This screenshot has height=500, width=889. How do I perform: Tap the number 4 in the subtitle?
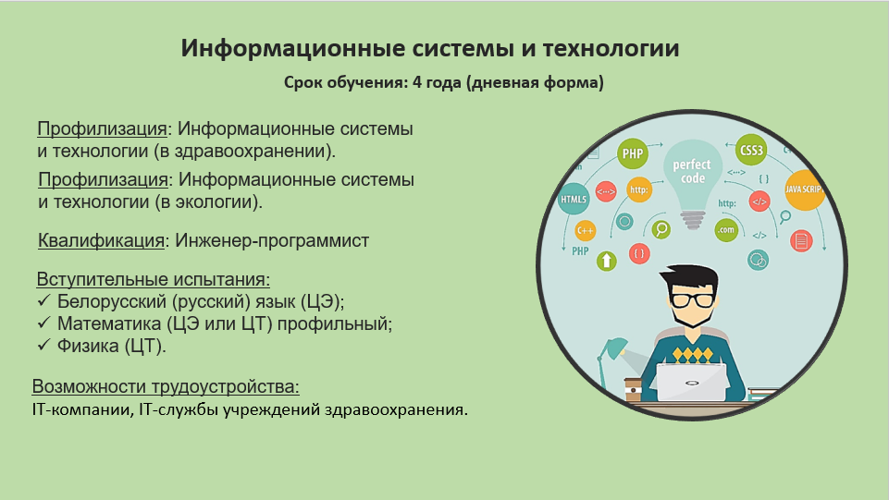pyautogui.click(x=417, y=82)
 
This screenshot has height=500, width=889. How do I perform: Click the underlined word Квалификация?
pyautogui.click(x=101, y=240)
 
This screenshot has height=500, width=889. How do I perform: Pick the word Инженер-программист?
pyautogui.click(x=272, y=240)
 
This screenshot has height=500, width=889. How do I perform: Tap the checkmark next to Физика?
pyautogui.click(x=43, y=345)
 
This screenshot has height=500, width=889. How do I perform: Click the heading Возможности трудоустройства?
pyautogui.click(x=166, y=386)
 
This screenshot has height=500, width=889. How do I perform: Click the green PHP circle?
pyautogui.click(x=632, y=153)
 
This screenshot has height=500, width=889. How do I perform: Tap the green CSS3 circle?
pyautogui.click(x=751, y=150)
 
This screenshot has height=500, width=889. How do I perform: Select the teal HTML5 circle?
pyautogui.click(x=574, y=199)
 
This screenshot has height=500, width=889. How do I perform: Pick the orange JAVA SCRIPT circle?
pyautogui.click(x=804, y=189)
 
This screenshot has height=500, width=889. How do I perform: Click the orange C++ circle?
pyautogui.click(x=585, y=231)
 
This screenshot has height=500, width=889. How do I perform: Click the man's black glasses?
pyautogui.click(x=692, y=299)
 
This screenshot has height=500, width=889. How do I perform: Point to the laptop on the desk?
pyautogui.click(x=690, y=382)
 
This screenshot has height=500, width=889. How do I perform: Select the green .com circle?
pyautogui.click(x=725, y=230)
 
